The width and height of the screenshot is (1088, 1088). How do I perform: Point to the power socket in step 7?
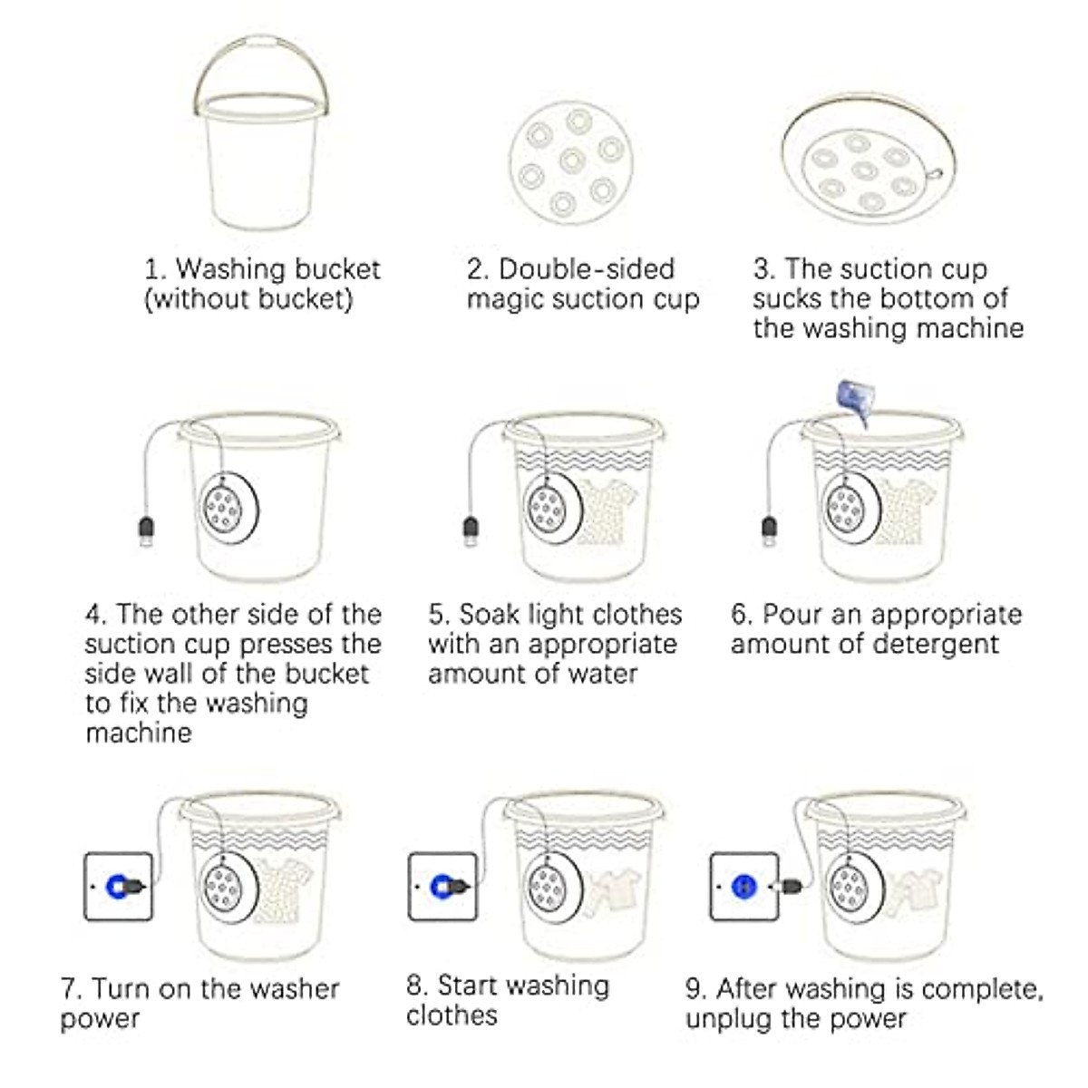click(118, 886)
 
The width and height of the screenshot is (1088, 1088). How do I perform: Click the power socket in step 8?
click(442, 886)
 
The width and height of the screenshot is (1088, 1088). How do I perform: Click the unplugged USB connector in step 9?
click(787, 884)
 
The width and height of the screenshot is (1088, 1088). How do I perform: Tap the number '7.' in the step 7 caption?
click(72, 988)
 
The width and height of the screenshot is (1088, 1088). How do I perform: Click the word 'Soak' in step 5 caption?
click(490, 615)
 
